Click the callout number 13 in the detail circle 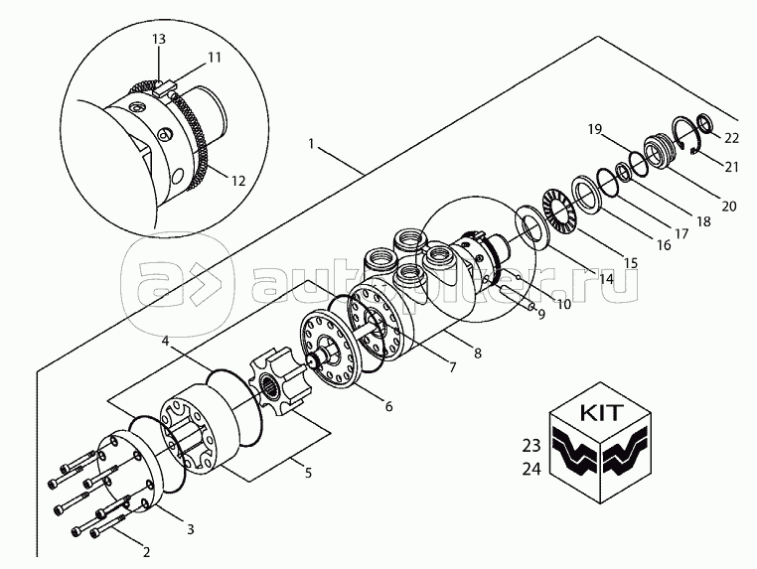coord(159,39)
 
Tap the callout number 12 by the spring coord(238,181)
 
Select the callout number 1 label coord(311,144)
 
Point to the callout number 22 coord(731,138)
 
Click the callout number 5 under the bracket coord(308,472)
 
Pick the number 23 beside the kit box coord(531,446)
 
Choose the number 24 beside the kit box coord(531,469)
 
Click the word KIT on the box coord(601,413)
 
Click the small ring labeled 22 coord(705,122)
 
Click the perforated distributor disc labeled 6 coord(330,351)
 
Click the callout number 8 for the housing coord(478,354)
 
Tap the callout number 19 coord(595,129)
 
